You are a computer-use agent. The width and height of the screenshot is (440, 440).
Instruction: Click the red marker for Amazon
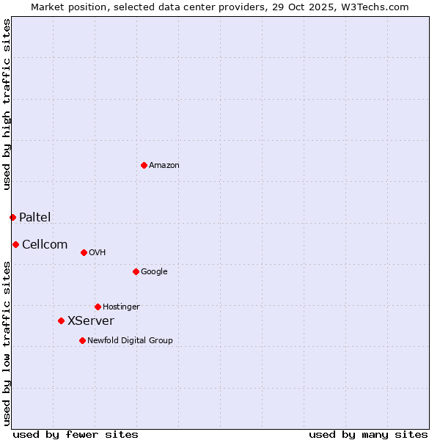[144, 165]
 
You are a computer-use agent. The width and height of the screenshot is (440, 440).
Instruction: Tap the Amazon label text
[164, 166]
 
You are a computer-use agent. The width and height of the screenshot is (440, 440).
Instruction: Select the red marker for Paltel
[12, 217]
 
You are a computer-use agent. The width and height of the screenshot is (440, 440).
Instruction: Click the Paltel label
[34, 217]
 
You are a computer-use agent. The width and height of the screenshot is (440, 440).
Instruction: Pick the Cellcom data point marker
[15, 244]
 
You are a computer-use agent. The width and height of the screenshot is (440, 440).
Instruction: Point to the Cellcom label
[45, 245]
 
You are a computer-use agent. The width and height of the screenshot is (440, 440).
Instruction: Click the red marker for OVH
[84, 252]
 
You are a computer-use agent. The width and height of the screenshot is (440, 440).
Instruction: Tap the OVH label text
[98, 253]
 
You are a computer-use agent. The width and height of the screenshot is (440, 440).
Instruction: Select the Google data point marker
[136, 271]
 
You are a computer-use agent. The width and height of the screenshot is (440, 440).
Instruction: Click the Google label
[154, 272]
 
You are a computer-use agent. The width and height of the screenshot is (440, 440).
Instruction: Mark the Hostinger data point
[98, 307]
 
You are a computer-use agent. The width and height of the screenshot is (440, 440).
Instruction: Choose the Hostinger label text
[121, 307]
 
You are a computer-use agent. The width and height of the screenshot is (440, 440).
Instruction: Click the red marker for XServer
[61, 320]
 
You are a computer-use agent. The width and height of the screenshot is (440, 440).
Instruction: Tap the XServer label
[90, 321]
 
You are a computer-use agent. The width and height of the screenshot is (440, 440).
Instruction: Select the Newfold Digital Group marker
[82, 340]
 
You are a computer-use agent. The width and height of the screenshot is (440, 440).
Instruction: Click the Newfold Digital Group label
[130, 341]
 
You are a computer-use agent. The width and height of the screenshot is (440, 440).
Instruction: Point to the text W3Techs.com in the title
[378, 7]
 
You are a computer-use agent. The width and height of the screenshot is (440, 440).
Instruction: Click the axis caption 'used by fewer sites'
[76, 434]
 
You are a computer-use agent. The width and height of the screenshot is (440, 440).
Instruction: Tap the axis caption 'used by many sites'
[368, 434]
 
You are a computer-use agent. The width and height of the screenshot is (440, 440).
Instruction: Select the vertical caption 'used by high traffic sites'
[7, 104]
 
